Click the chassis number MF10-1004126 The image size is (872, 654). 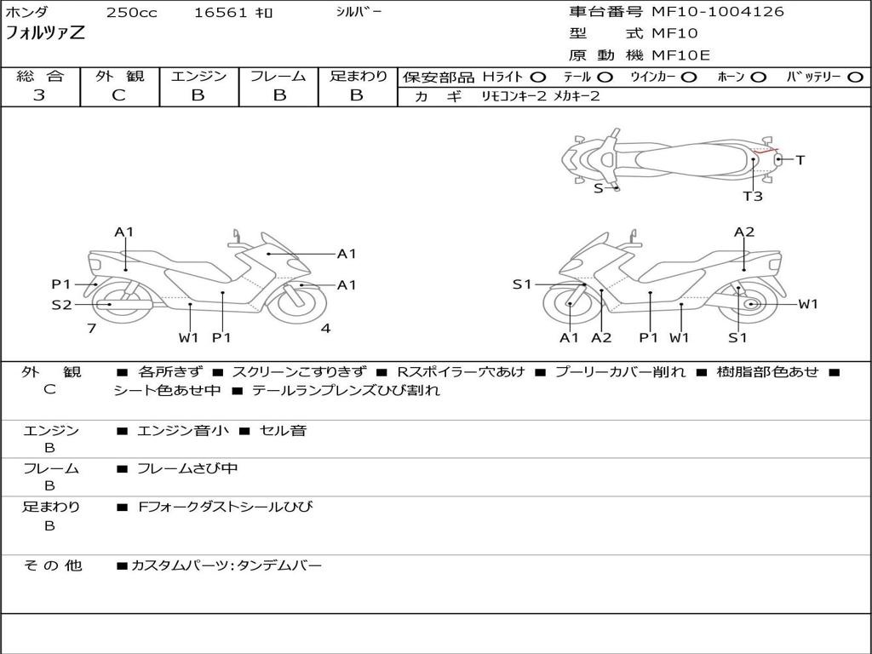(x=717, y=12)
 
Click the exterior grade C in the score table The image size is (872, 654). (x=118, y=95)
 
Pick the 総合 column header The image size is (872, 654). (x=39, y=76)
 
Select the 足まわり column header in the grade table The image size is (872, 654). (x=358, y=76)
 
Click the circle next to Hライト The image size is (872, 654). (x=539, y=77)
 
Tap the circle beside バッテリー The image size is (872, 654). (x=856, y=77)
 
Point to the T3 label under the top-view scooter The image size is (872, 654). (x=752, y=197)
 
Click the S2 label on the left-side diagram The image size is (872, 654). (x=61, y=304)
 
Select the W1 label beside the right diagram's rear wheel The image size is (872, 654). (x=807, y=304)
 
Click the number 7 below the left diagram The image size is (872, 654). (x=91, y=328)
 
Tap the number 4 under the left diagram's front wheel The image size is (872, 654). (x=325, y=328)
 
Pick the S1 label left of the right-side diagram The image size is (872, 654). (x=522, y=284)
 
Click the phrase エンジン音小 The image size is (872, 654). (x=183, y=431)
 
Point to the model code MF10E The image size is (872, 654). (x=681, y=55)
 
